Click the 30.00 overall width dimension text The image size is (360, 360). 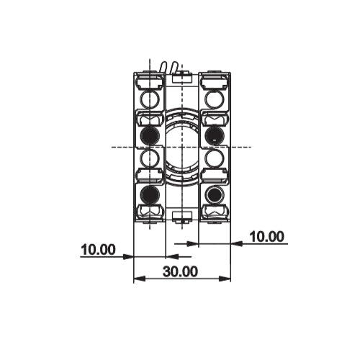(x=179, y=271)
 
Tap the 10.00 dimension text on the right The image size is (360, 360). (x=266, y=236)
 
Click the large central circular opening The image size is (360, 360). (x=181, y=146)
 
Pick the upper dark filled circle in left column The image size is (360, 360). (x=149, y=135)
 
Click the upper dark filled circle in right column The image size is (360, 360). (x=214, y=135)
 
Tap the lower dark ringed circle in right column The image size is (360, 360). (x=214, y=194)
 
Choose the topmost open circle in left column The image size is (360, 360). (x=149, y=98)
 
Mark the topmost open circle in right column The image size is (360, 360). (x=214, y=98)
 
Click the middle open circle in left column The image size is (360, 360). (x=149, y=158)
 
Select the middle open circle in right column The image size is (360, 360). (x=214, y=158)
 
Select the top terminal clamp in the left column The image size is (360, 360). (x=149, y=80)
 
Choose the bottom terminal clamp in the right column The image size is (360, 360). (x=214, y=211)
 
